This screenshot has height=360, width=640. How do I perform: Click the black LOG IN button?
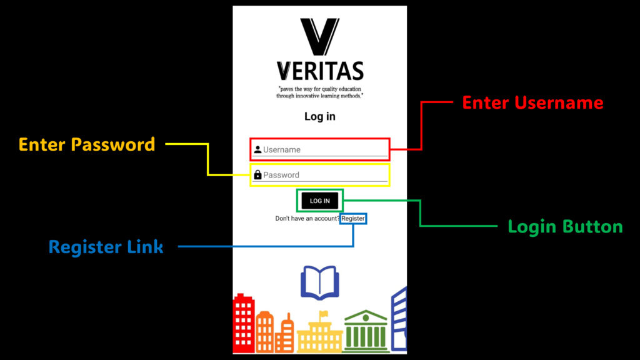pyautogui.click(x=319, y=201)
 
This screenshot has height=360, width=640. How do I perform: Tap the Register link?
pyautogui.click(x=353, y=218)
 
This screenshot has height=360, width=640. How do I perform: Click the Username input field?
pyautogui.click(x=319, y=150)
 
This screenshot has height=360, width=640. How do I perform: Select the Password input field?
pyautogui.click(x=319, y=175)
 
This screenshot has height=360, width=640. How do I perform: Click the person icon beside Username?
pyautogui.click(x=257, y=150)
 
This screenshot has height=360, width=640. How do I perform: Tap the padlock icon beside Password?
pyautogui.click(x=257, y=175)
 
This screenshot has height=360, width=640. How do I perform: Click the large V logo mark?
pyautogui.click(x=319, y=37)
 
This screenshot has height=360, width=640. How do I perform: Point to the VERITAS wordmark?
pyautogui.click(x=320, y=71)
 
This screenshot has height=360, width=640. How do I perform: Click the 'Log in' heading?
pyautogui.click(x=320, y=117)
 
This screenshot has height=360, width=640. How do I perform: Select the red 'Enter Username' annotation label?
pyautogui.click(x=532, y=102)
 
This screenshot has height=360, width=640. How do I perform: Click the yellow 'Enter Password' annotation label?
pyautogui.click(x=87, y=144)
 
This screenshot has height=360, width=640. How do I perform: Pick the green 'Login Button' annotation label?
pyautogui.click(x=565, y=226)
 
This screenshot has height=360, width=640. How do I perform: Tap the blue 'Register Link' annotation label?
pyautogui.click(x=106, y=247)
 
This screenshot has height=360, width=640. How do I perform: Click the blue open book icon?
pyautogui.click(x=320, y=282)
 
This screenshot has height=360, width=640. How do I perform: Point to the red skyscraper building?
pyautogui.click(x=244, y=323)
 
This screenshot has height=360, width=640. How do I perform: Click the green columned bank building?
pyautogui.click(x=366, y=331)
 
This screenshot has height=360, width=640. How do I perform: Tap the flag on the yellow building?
pyautogui.click(x=324, y=314)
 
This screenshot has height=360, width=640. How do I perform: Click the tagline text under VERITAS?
pyautogui.click(x=319, y=92)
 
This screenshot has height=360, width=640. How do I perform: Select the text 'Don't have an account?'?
pyautogui.click(x=307, y=218)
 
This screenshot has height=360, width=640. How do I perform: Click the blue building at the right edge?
pyautogui.click(x=399, y=319)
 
